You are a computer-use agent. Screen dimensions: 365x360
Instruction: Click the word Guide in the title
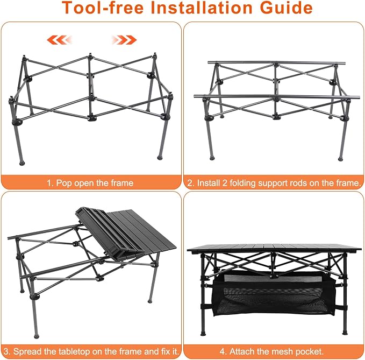point(286,8)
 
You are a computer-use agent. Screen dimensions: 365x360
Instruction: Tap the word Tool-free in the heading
point(103,8)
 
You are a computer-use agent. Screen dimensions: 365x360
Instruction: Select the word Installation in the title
point(202,8)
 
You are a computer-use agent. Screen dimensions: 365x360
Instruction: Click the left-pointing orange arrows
point(60,40)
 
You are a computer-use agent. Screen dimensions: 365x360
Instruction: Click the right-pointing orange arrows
point(124,40)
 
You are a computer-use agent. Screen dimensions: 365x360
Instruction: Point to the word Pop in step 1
point(64,183)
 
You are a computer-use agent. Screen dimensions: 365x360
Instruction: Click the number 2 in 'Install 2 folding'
point(225,183)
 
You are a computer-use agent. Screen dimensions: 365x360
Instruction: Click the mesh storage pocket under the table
point(275,294)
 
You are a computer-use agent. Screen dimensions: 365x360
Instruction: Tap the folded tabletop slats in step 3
point(110,233)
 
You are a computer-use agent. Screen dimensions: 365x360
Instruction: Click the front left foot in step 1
point(22,163)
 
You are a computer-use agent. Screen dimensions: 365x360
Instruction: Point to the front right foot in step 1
point(160,157)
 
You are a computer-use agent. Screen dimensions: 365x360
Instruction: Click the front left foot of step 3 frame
point(36,336)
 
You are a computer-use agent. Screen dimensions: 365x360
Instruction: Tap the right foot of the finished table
point(345,333)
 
